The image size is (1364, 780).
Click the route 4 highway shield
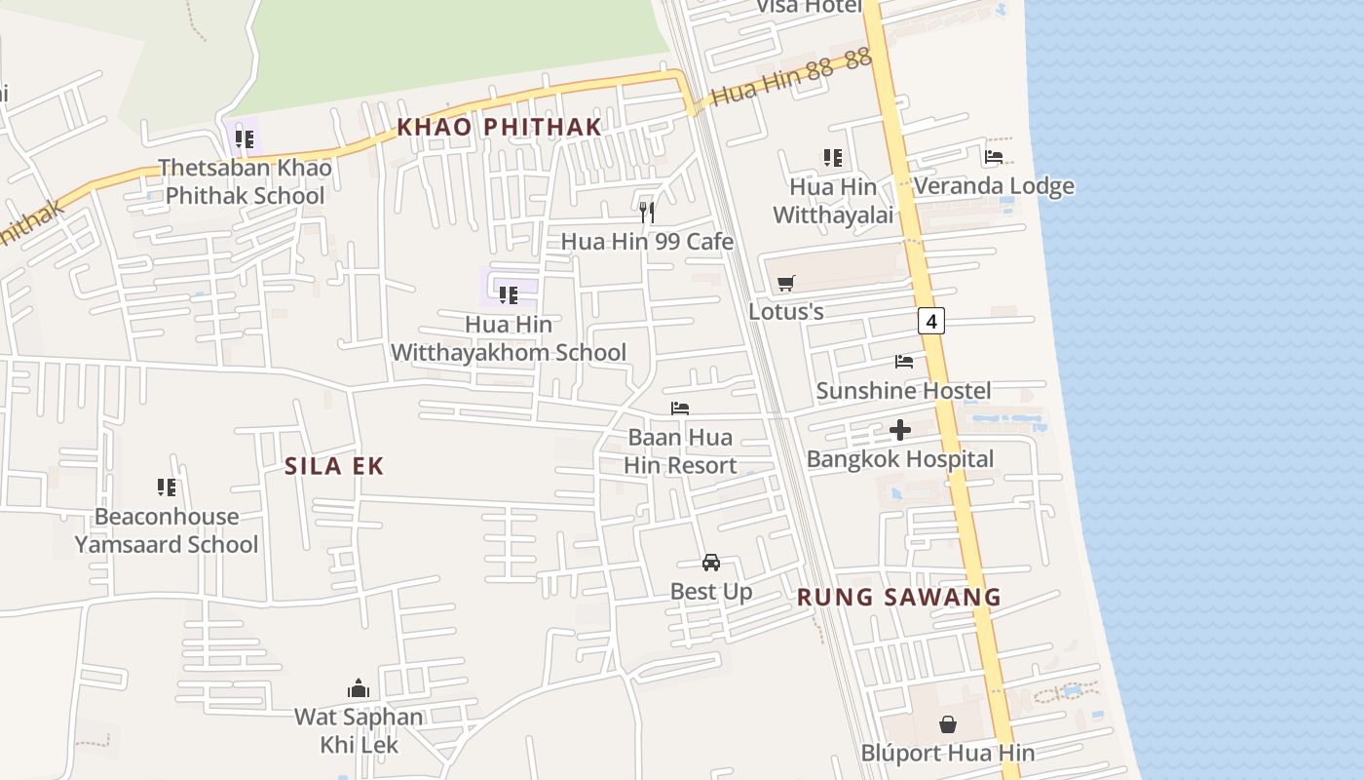[931, 320]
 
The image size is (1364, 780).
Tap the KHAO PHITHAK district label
[499, 127]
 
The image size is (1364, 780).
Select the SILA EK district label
[334, 466]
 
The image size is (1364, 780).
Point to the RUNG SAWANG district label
[899, 598]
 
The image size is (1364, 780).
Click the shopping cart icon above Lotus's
[786, 284]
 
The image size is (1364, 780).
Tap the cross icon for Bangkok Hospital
[900, 429]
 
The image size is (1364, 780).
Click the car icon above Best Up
[711, 563]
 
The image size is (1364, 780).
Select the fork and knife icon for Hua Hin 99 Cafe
[647, 213]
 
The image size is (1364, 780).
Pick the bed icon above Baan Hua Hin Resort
[680, 409]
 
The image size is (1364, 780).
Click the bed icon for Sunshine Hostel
[904, 362]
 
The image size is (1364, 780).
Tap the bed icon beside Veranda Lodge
[994, 156]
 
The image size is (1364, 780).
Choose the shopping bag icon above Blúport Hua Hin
[947, 724]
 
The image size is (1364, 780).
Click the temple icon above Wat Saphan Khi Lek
[359, 689]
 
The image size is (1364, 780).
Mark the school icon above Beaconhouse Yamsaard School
[167, 487]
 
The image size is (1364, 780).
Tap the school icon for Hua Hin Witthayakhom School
[508, 293]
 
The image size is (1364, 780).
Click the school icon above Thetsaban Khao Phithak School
[245, 138]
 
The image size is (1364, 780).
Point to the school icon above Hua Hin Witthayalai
[833, 157]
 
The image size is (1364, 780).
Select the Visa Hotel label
[810, 7]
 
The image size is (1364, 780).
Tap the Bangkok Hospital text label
[900, 459]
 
